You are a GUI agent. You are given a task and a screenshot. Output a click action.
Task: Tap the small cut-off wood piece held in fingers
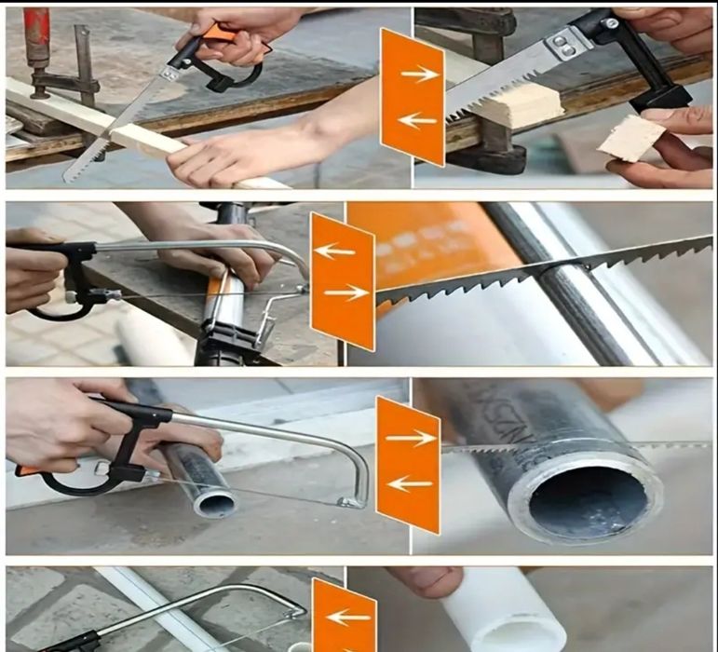[631, 138]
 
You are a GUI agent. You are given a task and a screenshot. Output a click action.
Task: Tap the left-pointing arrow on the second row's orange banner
[334, 250]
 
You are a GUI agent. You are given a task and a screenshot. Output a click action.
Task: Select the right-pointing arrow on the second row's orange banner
[346, 292]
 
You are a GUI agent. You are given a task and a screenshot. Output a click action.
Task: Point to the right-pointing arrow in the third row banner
[412, 437]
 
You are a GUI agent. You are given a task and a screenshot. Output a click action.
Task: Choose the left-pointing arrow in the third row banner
[409, 482]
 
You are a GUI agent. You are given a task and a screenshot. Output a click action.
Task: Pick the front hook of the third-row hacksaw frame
[351, 502]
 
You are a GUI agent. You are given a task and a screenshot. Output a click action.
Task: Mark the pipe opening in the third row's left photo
[214, 504]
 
